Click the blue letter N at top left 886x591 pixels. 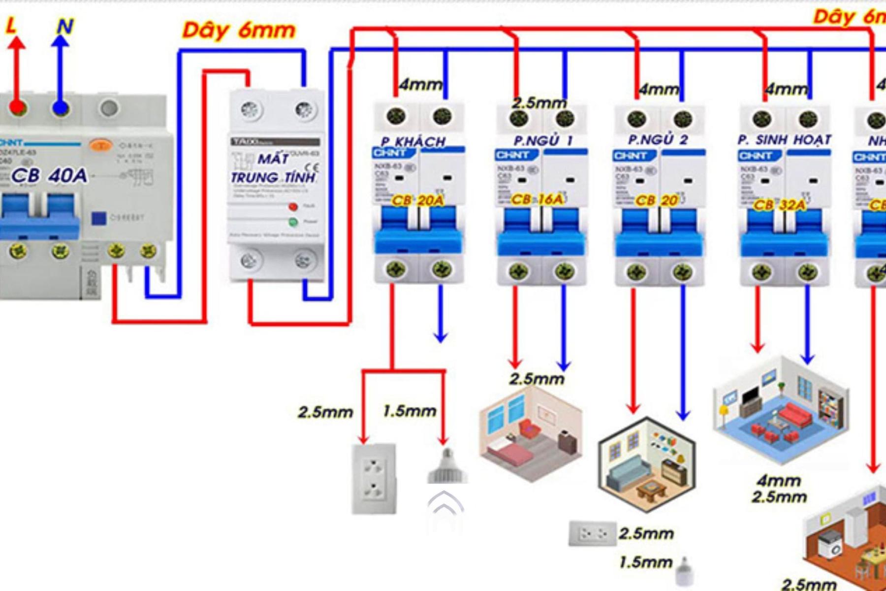point(64,26)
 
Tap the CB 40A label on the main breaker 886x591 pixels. point(49,175)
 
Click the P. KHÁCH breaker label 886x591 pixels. point(413,142)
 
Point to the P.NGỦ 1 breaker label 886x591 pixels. point(543,141)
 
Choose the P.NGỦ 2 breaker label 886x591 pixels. point(658,140)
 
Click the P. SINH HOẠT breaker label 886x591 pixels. point(784,140)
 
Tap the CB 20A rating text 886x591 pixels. point(417,200)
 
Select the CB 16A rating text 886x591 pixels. point(537,199)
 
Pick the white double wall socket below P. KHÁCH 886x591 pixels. point(374,479)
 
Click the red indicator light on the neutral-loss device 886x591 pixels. point(293,206)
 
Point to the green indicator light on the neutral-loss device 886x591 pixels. point(293,222)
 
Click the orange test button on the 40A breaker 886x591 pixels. point(101,145)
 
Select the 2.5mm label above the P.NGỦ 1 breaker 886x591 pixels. point(539,103)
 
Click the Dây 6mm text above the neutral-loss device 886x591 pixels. point(239,31)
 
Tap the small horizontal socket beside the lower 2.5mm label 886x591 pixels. point(592,533)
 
